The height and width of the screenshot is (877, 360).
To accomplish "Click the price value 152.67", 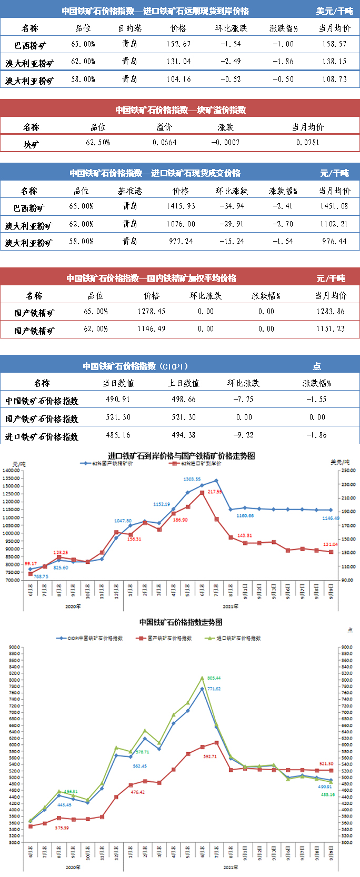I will (178, 44).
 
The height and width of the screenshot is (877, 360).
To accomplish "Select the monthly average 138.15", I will (334, 62).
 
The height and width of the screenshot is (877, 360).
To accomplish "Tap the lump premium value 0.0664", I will (165, 143).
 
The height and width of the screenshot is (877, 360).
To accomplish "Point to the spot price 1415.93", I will (181, 206).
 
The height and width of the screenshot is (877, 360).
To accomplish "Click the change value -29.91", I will (232, 224).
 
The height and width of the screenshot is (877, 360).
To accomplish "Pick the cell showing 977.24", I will (181, 242).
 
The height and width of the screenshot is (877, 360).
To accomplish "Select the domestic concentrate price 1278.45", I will (152, 312).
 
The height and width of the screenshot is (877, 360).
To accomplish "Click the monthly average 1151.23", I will (331, 329).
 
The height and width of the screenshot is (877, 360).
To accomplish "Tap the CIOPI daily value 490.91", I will (118, 400).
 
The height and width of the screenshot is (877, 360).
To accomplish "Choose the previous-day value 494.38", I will (183, 435).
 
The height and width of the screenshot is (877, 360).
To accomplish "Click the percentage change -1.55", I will (316, 400).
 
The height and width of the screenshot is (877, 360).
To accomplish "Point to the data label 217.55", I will (215, 492).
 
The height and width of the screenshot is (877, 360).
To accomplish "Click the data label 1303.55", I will (192, 479).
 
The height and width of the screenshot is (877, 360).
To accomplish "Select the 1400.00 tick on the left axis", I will (11, 470).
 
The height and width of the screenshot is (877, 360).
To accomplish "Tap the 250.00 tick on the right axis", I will (348, 470).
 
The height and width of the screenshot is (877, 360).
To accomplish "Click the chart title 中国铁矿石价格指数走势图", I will (181, 622).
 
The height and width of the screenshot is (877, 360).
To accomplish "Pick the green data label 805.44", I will (214, 678).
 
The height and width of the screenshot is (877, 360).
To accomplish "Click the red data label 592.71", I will (209, 756).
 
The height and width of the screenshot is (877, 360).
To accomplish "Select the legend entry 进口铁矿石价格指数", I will (238, 638).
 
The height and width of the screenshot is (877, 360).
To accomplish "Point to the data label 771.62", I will (214, 689).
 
